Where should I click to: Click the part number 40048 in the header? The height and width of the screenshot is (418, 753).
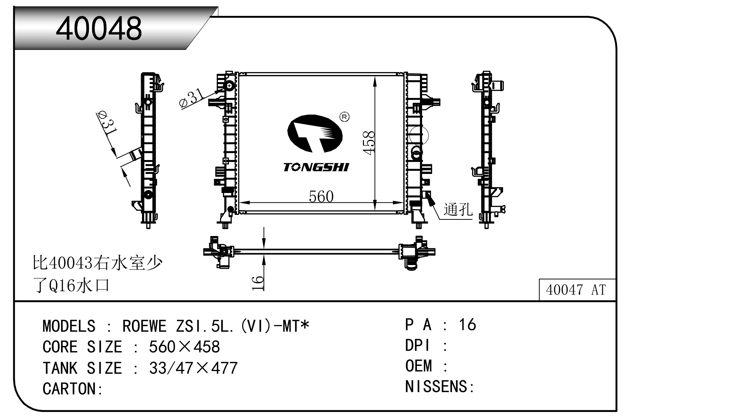pyautogui.click(x=99, y=28)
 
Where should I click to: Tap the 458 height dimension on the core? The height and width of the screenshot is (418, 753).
pyautogui.click(x=368, y=143)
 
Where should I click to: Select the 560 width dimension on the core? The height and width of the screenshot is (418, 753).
pyautogui.click(x=321, y=197)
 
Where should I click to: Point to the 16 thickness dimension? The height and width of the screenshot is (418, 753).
pyautogui.click(x=258, y=283)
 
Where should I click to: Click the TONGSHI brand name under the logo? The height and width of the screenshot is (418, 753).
pyautogui.click(x=316, y=167)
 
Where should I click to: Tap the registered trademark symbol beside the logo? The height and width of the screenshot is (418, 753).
pyautogui.click(x=345, y=117)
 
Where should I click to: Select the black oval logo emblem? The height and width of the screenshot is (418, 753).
pyautogui.click(x=315, y=133)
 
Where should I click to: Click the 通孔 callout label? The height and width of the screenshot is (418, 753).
pyautogui.click(x=458, y=209)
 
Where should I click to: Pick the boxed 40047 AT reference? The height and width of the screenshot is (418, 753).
pyautogui.click(x=576, y=290)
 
